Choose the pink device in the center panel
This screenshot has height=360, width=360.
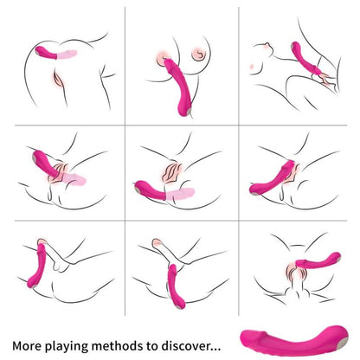click(x=156, y=185)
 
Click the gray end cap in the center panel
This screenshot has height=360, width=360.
click(x=138, y=185)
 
